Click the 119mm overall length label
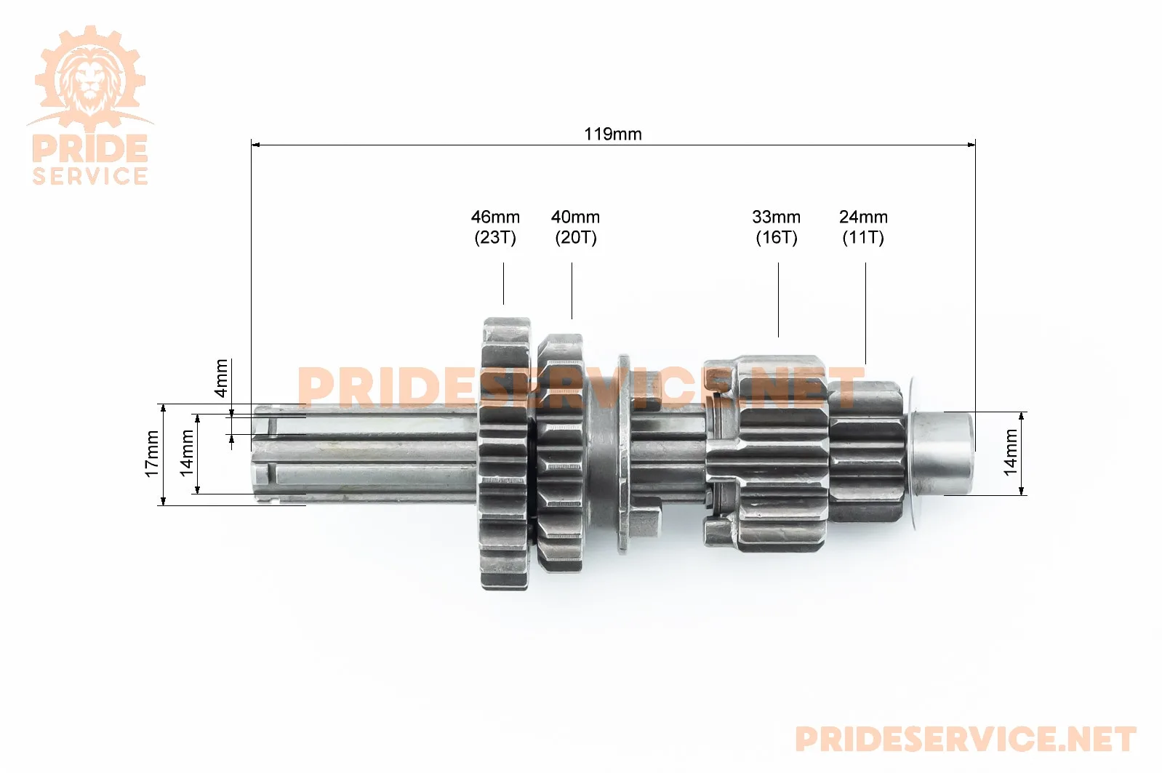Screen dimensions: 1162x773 click(x=613, y=135)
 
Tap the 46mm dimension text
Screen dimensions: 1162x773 click(x=495, y=217)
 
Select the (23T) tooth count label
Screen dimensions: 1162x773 click(x=495, y=238)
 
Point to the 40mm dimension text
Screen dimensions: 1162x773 click(x=575, y=217)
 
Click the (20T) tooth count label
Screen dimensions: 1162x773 click(x=576, y=238)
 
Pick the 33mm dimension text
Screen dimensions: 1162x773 click(x=776, y=217)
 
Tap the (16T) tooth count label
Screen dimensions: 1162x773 click(x=777, y=238)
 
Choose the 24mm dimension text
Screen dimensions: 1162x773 click(x=863, y=217)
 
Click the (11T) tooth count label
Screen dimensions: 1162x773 click(x=863, y=238)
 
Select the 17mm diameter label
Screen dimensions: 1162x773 click(x=151, y=454)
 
